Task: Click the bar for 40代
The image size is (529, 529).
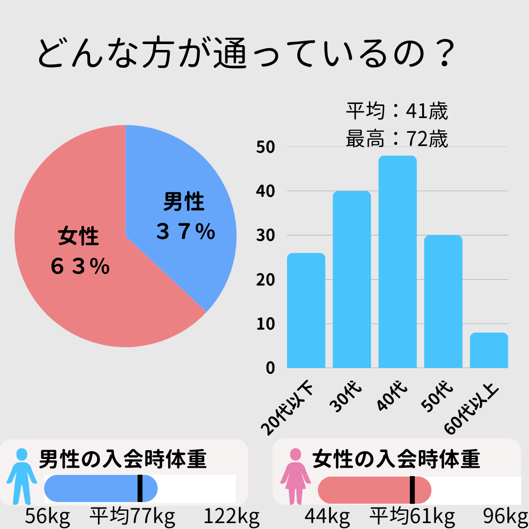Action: click(x=397, y=262)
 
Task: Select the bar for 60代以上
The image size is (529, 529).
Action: click(x=488, y=350)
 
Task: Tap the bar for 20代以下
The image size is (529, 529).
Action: click(x=306, y=311)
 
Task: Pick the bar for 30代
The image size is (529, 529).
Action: click(x=351, y=280)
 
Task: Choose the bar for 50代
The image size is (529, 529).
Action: click(x=443, y=302)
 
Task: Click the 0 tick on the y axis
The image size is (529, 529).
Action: click(x=270, y=368)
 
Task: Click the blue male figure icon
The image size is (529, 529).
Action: click(x=22, y=476)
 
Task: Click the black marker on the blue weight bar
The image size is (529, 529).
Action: click(x=140, y=488)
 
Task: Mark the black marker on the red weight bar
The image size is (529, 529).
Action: click(x=412, y=489)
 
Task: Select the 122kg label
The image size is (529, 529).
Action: click(x=231, y=516)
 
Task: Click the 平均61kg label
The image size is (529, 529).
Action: click(x=412, y=516)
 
